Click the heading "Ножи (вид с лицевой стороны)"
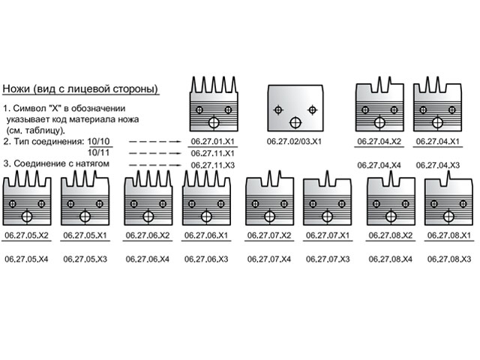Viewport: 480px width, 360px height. (x=81, y=88)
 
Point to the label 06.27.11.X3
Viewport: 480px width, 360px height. (x=212, y=165)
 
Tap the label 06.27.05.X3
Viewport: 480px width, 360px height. (x=85, y=259)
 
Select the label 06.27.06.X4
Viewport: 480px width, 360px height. (x=147, y=259)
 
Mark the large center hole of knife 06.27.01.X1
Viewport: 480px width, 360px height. (x=215, y=122)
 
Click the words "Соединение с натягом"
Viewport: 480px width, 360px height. (x=63, y=163)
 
